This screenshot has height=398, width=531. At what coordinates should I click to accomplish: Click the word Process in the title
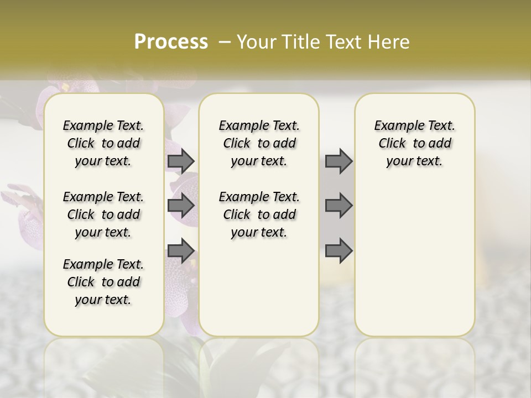(x=171, y=41)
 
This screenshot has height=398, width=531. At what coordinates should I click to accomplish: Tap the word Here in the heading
(x=391, y=42)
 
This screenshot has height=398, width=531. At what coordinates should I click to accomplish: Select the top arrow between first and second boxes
(x=180, y=161)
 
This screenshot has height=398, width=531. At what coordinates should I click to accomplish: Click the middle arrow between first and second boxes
(x=180, y=206)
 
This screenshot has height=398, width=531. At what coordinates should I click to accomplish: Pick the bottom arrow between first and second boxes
(x=180, y=251)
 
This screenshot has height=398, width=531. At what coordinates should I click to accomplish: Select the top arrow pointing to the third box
(x=339, y=161)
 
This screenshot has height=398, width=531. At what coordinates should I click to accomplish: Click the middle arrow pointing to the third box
(x=339, y=206)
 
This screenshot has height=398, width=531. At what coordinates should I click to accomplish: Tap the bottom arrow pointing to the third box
(x=339, y=251)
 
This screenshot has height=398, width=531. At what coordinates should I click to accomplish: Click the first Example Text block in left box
(x=103, y=143)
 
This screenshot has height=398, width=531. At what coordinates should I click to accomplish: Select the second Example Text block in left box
(x=103, y=214)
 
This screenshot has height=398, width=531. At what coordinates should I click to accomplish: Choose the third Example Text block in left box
(x=103, y=282)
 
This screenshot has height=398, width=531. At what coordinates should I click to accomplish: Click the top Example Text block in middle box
(x=259, y=143)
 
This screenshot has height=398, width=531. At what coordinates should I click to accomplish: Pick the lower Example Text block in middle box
(x=259, y=214)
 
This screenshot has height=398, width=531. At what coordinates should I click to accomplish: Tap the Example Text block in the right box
(x=414, y=143)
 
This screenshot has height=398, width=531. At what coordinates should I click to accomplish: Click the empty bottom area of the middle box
(x=259, y=293)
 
